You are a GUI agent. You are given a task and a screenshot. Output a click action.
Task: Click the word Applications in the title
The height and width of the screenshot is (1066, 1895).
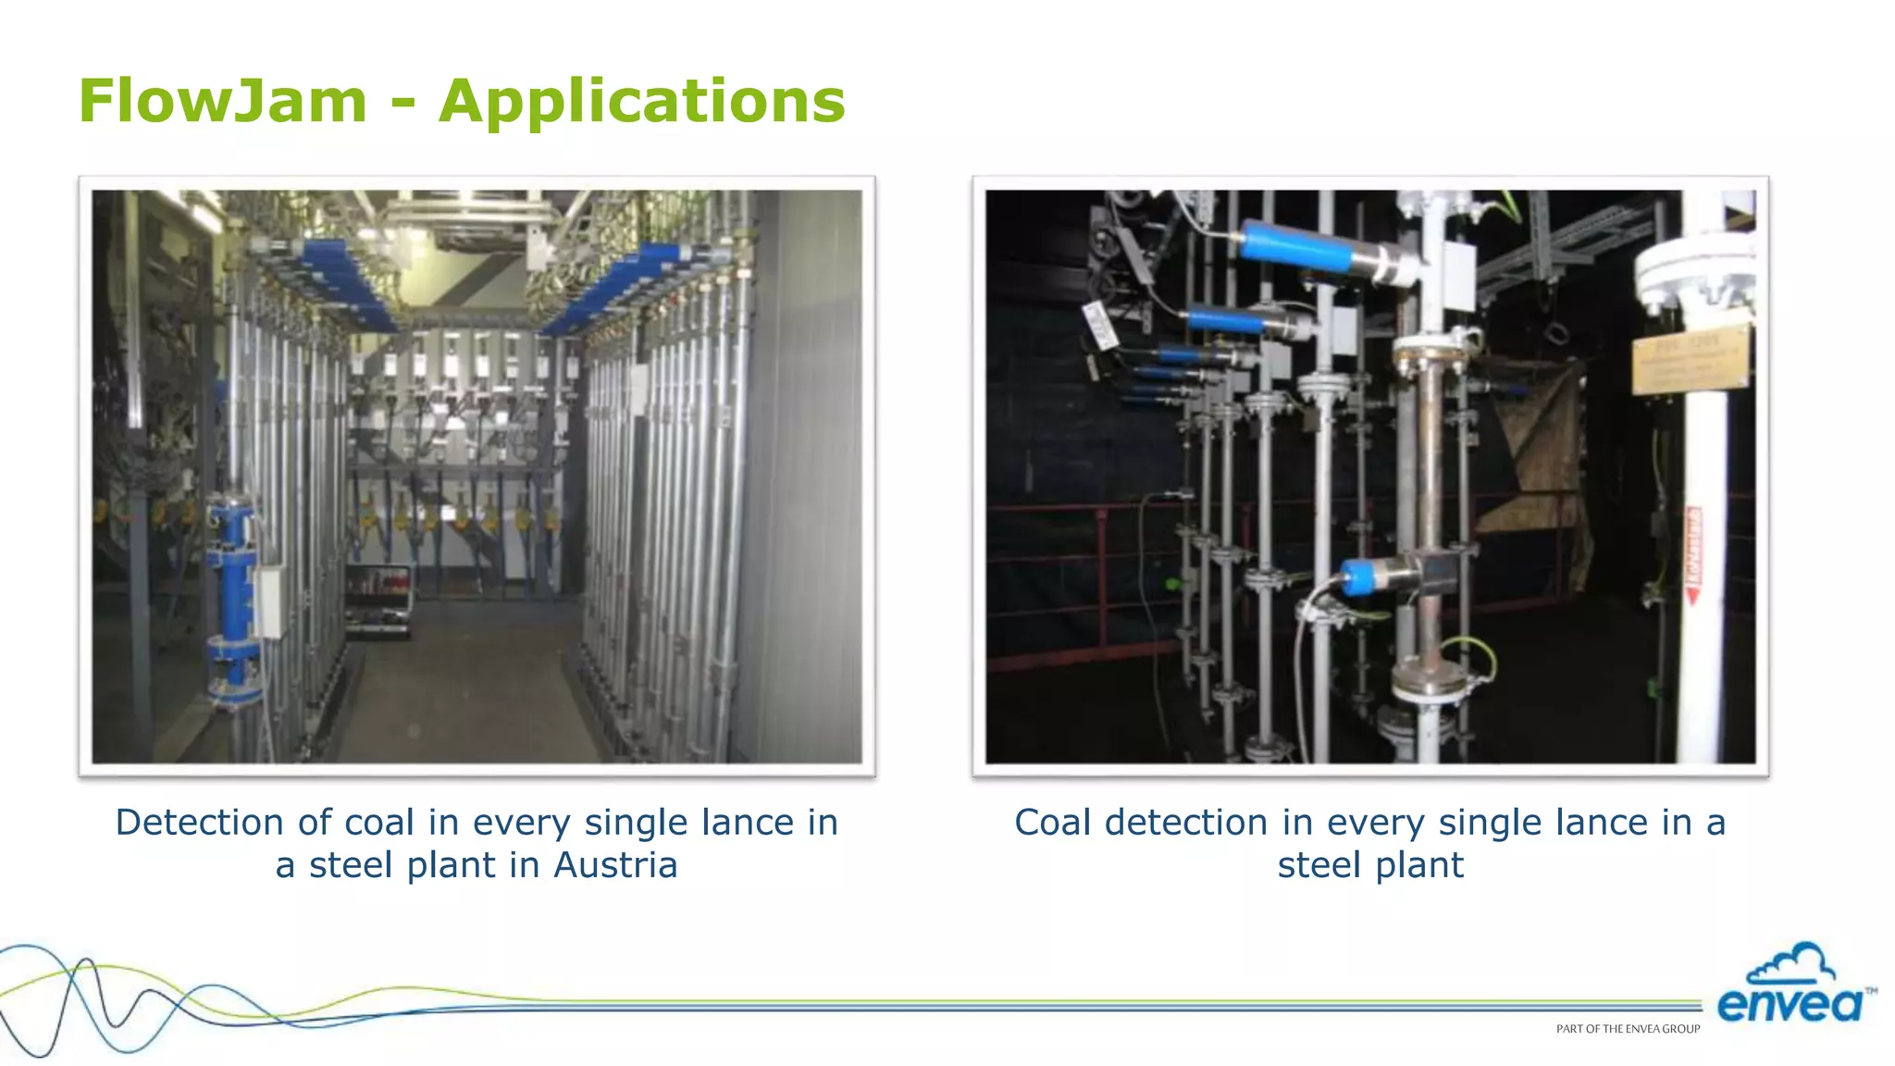[642, 102]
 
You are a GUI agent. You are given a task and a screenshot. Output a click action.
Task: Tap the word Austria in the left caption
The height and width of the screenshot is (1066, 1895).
[615, 865]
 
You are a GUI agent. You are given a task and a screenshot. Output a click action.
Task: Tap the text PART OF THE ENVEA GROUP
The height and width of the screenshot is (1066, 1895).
[1628, 1029]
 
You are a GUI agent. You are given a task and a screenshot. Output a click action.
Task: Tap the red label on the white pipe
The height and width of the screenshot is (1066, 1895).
[1694, 555]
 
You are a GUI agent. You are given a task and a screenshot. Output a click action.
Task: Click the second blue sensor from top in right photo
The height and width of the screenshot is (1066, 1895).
[1230, 322]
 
